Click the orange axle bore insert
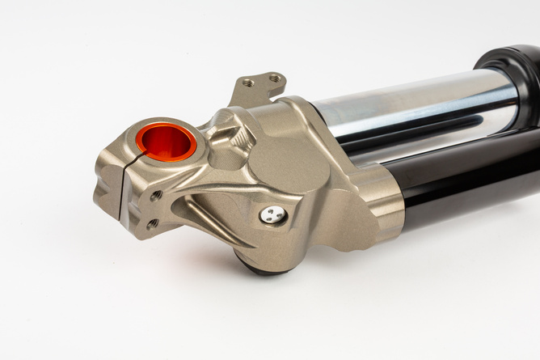tap(166, 141)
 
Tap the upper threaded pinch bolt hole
tap(156, 195)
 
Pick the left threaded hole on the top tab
tap(248, 83)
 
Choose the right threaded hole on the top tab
tap(274, 78)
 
